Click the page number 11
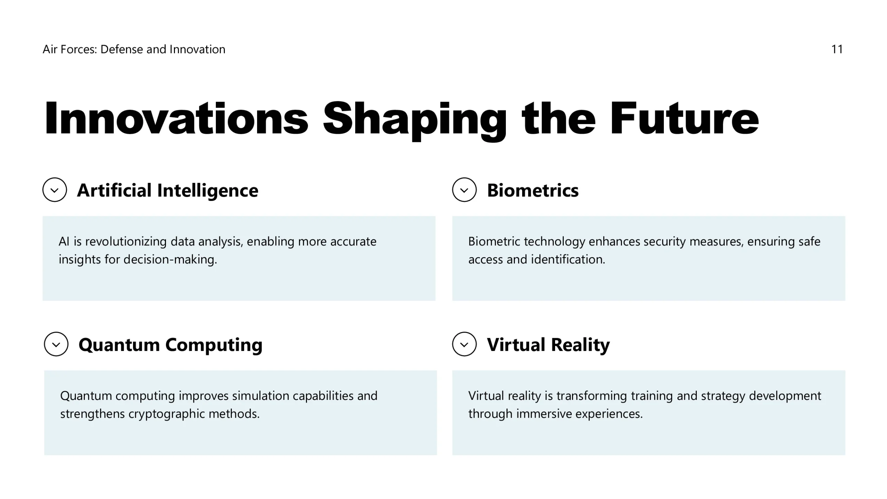(837, 50)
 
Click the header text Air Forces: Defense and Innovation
(134, 50)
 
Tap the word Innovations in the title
(176, 118)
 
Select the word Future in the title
(684, 118)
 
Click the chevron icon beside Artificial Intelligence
(55, 190)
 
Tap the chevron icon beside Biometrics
(464, 190)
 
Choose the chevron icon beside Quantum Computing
(56, 344)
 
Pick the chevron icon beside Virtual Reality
(464, 344)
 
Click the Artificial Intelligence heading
(168, 191)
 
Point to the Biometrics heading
(533, 190)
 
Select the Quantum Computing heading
(170, 345)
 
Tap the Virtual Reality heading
(548, 345)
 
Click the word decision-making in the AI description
(170, 260)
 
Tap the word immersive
(544, 413)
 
